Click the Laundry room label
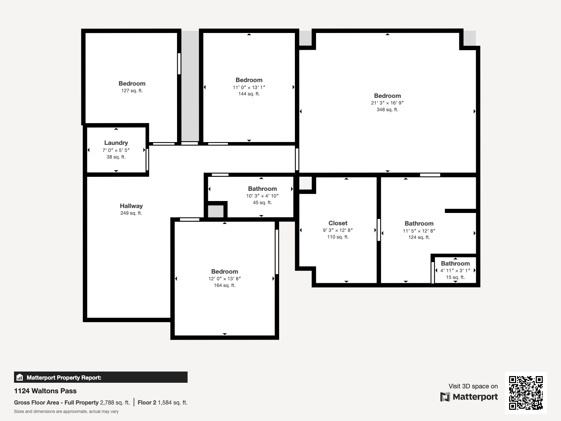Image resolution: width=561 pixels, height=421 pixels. pos(116,143)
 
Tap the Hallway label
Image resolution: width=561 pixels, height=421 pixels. pos(131,206)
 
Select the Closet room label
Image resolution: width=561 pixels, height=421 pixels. pos(338,223)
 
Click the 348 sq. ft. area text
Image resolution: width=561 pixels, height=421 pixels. pos(387,109)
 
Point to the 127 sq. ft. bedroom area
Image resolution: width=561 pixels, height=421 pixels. pos(132,91)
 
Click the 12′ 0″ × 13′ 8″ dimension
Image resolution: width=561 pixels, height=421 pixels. pos(224,279)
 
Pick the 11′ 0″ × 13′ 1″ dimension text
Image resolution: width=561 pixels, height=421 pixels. pos(249,87)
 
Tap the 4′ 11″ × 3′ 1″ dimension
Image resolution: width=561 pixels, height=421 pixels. pos(455,270)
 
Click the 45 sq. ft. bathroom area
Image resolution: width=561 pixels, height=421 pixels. pos(262,202)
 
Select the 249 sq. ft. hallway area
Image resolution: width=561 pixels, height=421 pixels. pos(131,213)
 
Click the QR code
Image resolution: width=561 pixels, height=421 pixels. pos(526,393)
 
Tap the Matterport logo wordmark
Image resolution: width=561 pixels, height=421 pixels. pos(469,397)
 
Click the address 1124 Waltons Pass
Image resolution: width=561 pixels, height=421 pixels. pos(45,391)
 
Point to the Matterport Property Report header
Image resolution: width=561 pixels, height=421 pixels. pos(64,377)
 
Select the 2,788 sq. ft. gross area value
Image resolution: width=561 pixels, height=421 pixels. pos(115,402)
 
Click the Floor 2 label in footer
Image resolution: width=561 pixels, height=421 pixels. pos(147,402)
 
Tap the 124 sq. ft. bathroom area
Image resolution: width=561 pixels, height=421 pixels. pos(419,237)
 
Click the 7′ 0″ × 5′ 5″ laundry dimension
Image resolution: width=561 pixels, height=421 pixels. pos(116,150)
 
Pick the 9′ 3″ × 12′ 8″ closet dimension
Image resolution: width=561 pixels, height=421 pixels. pos(338,230)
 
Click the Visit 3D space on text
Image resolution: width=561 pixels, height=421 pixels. pos(473,386)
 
